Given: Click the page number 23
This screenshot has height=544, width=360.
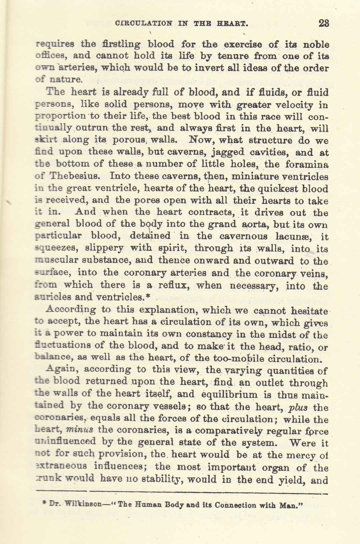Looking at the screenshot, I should (324, 23).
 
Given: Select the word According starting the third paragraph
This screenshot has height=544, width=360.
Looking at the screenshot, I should (70, 309).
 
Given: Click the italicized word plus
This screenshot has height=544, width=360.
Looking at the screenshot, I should (298, 407).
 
